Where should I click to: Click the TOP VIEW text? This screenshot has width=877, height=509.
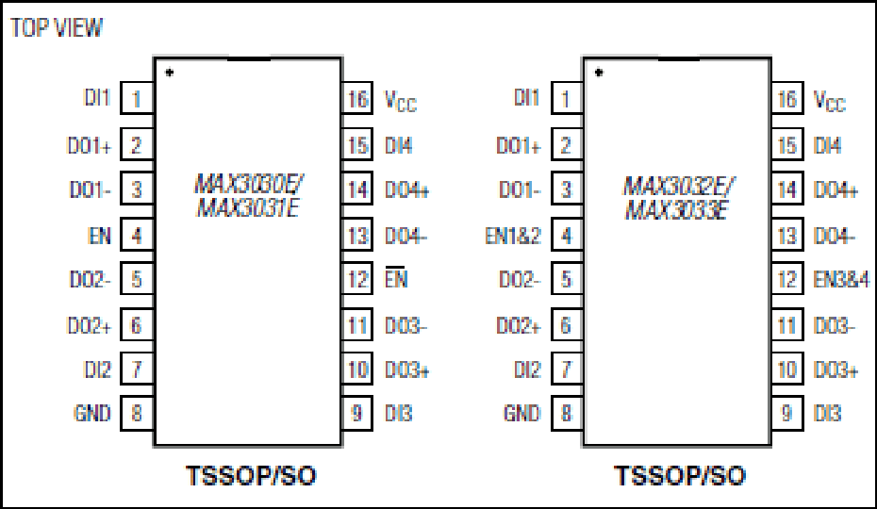coord(57,27)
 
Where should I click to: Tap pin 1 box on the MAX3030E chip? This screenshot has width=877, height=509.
coord(137,98)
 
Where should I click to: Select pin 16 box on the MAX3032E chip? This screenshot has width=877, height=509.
coord(787,98)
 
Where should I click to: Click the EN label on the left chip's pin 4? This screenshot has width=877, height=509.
coord(100,236)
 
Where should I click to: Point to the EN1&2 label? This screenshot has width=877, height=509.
coord(513,236)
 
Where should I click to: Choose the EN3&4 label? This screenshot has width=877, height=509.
coord(841,279)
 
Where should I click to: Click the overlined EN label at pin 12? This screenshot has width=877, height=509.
coord(396,277)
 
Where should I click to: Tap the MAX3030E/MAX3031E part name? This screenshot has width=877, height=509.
coord(248,195)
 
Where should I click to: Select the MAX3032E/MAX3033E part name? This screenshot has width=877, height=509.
coord(677,198)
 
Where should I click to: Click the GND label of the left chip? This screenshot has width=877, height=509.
coord(92,414)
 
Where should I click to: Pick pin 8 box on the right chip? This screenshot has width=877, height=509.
coord(567,414)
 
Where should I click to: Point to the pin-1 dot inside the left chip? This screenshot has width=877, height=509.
coord(170,73)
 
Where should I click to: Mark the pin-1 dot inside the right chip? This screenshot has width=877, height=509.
coord(599,73)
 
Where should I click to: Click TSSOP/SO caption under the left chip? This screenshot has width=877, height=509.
coord(251,476)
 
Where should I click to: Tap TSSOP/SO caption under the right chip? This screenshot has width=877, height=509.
coord(680,476)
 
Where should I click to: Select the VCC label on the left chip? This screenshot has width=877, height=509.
coord(401,101)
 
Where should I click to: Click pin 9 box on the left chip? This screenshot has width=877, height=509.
coord(356,414)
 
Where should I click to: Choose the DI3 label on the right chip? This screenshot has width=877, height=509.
coord(827,414)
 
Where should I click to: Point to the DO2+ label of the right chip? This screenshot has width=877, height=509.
coord(519,325)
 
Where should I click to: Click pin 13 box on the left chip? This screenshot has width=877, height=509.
coord(356,235)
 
